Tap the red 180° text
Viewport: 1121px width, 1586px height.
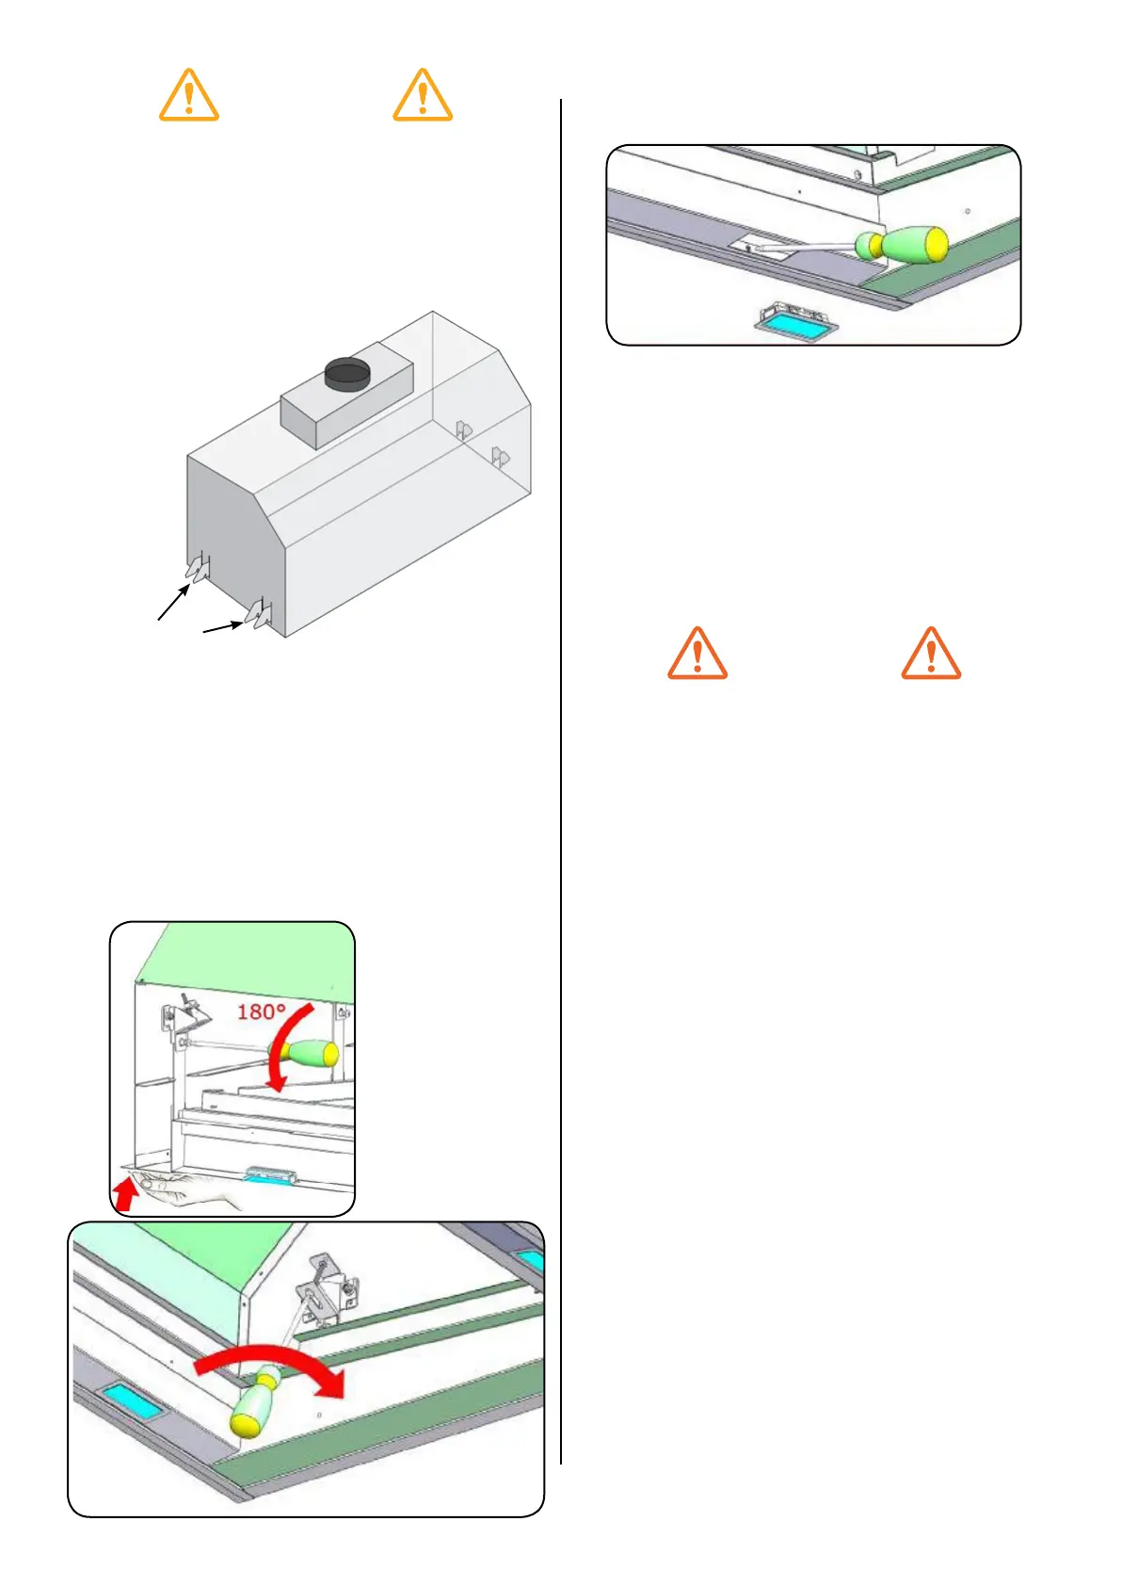(x=261, y=1011)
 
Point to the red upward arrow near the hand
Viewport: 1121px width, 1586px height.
(x=123, y=1194)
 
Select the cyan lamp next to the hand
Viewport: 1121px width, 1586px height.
(x=271, y=1175)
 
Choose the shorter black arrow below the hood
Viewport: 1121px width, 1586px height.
(x=223, y=626)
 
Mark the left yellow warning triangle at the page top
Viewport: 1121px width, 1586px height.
(x=189, y=96)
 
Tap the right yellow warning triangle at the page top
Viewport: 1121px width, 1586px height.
(x=423, y=96)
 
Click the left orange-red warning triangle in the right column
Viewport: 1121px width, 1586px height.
(x=697, y=654)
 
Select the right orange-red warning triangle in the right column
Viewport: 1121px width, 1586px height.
(x=931, y=654)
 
